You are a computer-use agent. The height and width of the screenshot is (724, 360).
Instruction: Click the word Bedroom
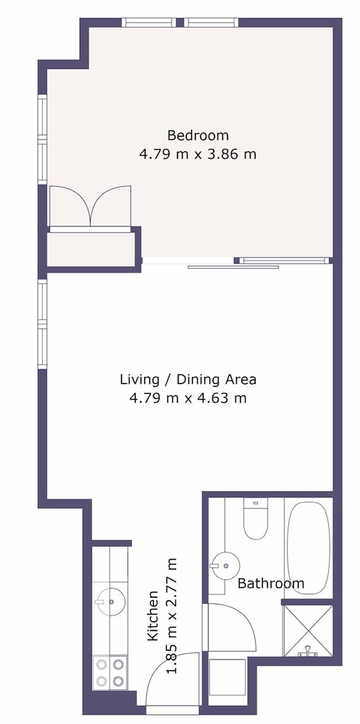click(x=198, y=136)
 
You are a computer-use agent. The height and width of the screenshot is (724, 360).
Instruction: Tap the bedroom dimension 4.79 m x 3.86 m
click(x=198, y=153)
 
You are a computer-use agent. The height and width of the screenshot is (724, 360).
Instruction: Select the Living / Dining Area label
click(x=188, y=380)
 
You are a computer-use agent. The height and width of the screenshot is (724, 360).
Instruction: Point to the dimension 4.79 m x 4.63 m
click(x=188, y=397)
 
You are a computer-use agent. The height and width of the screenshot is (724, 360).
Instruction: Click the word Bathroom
click(x=271, y=583)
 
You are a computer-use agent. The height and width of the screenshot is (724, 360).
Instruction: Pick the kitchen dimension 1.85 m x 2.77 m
click(x=172, y=616)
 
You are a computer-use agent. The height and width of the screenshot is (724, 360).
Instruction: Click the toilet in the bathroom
click(x=256, y=518)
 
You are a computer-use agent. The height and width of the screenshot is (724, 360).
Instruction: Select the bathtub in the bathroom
click(x=309, y=546)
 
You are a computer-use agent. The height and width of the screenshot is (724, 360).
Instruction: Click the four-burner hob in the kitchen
click(x=110, y=672)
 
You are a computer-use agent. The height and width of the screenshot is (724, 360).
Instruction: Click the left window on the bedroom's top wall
click(x=148, y=22)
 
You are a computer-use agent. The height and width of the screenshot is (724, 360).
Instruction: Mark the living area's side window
click(x=43, y=324)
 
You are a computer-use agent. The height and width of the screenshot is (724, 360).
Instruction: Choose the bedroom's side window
click(x=43, y=139)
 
